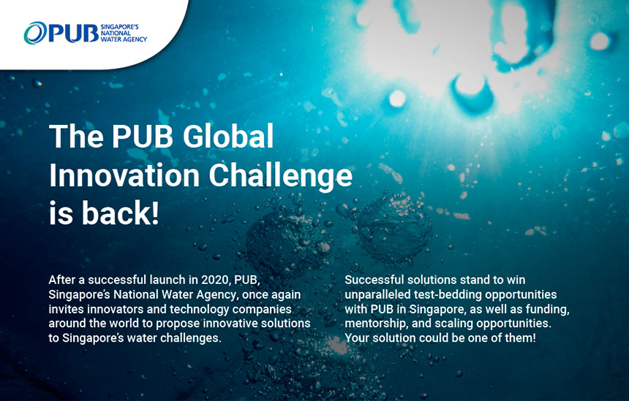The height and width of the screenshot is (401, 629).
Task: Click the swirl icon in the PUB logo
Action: click(35, 33)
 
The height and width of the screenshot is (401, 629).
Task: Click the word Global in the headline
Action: click(228, 136)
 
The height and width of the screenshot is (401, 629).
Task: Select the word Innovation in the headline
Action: click(124, 175)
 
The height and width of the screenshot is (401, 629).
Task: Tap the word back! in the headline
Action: click(121, 213)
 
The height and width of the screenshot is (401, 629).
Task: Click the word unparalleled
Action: click(373, 295)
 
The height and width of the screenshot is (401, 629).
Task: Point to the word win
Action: click(516, 280)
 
